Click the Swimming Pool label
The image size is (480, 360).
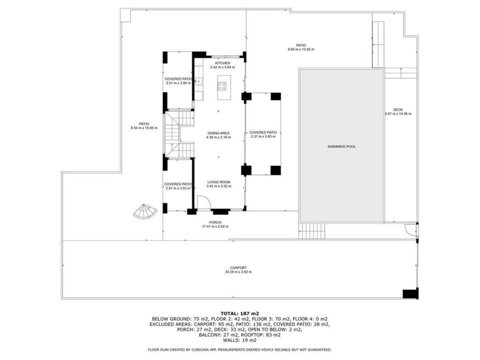(341, 146)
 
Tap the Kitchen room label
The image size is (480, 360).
(222, 63)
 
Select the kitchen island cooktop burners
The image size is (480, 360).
(222, 86)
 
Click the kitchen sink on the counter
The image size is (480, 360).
(198, 81)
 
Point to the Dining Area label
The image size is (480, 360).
(218, 133)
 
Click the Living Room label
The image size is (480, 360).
(218, 182)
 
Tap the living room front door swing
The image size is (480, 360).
(203, 202)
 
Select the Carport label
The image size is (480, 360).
(238, 268)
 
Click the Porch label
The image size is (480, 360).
(215, 222)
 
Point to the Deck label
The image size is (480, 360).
(398, 109)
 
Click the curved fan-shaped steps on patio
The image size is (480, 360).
(145, 211)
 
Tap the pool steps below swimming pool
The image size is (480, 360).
(311, 231)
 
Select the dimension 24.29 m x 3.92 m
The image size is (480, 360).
(238, 272)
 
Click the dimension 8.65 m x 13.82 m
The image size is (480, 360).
(301, 49)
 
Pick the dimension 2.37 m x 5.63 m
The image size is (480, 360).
(263, 136)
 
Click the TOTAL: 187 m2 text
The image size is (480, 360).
(239, 313)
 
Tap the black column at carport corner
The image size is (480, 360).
(410, 294)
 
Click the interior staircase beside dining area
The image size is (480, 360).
(179, 134)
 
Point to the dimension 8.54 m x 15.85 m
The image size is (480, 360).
(144, 128)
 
